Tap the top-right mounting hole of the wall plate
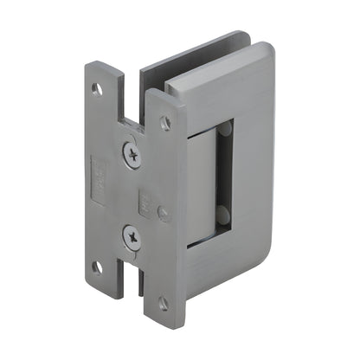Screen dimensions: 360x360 pos(165,124)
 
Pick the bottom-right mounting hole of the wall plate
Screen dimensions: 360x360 pos(163,304)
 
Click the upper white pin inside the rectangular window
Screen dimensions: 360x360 pos(226,132)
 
